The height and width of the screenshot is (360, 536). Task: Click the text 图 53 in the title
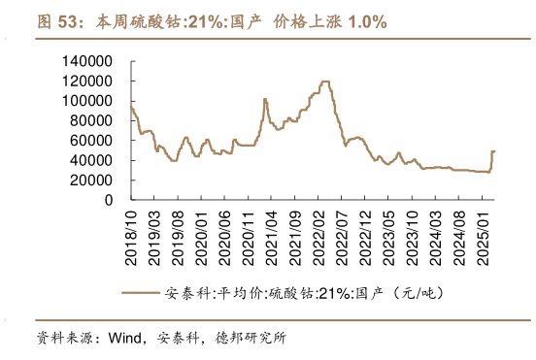[56, 20]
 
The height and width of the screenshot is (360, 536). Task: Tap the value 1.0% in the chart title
[367, 20]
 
